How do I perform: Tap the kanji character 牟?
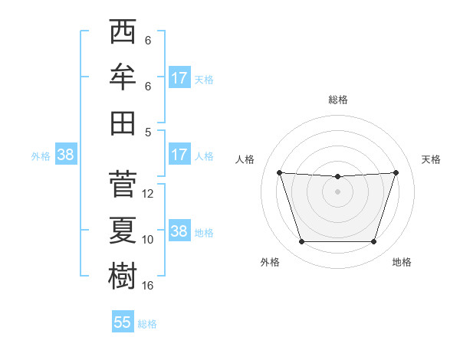123,77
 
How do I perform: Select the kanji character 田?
123,123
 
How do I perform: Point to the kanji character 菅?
123,184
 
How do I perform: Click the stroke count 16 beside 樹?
148,286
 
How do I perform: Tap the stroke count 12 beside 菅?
148,194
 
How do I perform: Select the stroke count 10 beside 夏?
148,240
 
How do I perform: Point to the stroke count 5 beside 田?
148,132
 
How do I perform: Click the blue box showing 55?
123,322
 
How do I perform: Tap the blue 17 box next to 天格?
179,78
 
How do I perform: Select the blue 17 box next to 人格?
179,155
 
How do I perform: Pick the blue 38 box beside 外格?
65,155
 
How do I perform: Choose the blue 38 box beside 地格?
179,231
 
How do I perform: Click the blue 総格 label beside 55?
147,324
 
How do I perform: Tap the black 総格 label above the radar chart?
337,100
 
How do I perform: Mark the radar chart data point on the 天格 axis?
396,172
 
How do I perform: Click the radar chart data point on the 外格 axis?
301,242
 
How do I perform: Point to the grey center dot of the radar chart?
337,191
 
